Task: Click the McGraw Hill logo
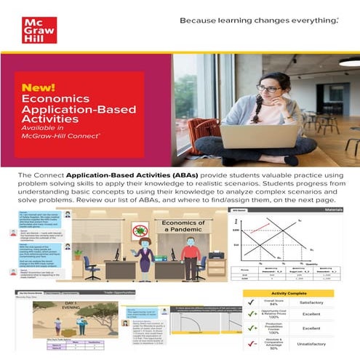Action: coord(39,29)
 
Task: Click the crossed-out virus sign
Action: coord(139,231)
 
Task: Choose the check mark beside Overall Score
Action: coord(251,303)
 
